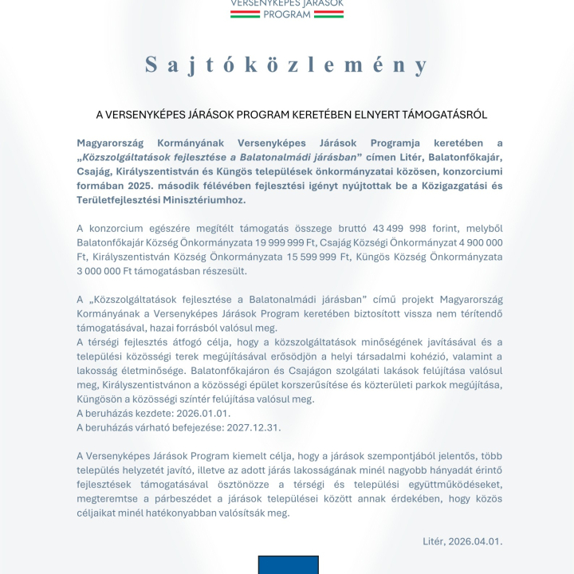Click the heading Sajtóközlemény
tap(286, 65)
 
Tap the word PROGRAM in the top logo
tap(287, 14)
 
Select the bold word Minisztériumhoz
tap(202, 200)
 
